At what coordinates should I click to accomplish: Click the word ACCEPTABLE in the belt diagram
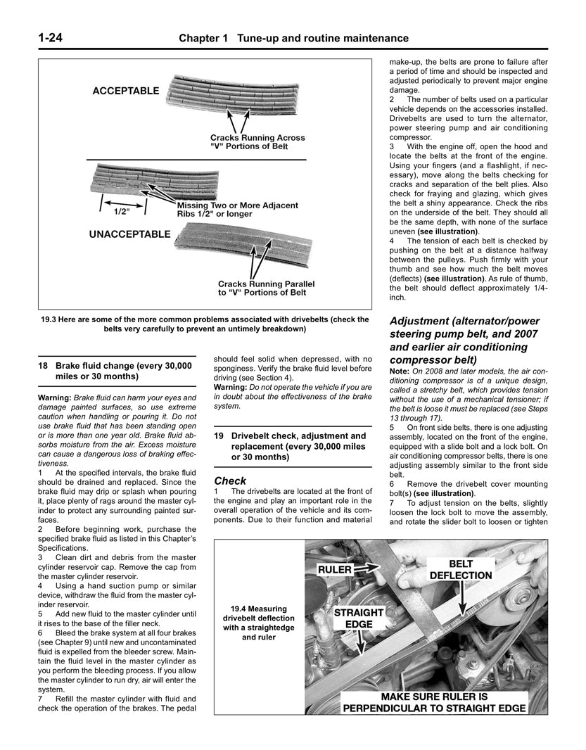point(125,91)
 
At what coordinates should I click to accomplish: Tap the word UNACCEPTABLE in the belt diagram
point(129,234)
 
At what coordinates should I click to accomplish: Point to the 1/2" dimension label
point(119,210)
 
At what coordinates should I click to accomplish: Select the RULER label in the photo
point(334,569)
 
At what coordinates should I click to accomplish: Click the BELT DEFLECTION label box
point(460,569)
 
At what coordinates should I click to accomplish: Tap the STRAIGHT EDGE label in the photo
point(359,618)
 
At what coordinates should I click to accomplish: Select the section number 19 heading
point(219,436)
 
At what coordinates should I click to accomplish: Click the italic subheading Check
point(229,481)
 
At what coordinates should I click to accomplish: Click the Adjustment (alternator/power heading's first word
point(423,322)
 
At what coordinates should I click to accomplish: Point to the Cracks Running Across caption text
point(257,138)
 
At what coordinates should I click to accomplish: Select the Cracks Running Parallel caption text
point(266,283)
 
